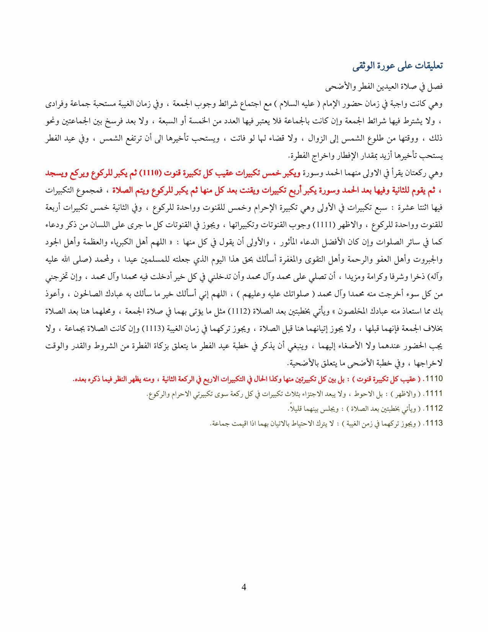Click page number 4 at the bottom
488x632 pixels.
244,587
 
